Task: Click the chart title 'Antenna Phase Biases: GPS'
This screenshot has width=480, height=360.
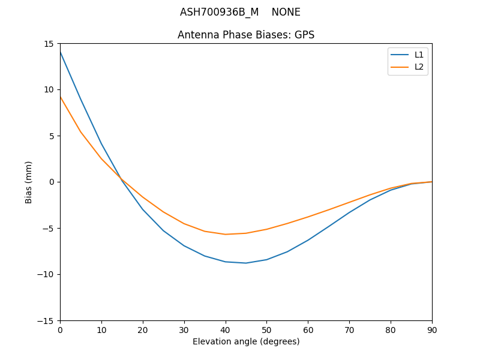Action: [246, 35]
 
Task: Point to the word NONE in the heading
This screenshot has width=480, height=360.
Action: [286, 12]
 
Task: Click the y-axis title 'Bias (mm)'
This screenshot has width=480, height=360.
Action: [29, 182]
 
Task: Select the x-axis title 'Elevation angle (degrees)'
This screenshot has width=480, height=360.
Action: [246, 341]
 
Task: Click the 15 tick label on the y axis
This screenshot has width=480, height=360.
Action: [48, 44]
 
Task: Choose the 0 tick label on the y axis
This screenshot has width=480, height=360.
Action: [52, 182]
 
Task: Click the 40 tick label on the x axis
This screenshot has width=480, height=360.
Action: [226, 329]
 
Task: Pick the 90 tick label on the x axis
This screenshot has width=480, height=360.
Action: [432, 329]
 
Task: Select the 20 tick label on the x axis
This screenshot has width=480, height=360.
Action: [143, 329]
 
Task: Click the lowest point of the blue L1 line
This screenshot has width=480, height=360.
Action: [246, 263]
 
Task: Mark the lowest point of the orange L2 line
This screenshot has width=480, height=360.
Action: [226, 234]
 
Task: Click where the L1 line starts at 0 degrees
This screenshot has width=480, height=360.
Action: [61, 52]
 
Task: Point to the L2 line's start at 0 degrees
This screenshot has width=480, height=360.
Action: [61, 97]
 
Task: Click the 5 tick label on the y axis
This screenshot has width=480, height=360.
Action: [52, 136]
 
